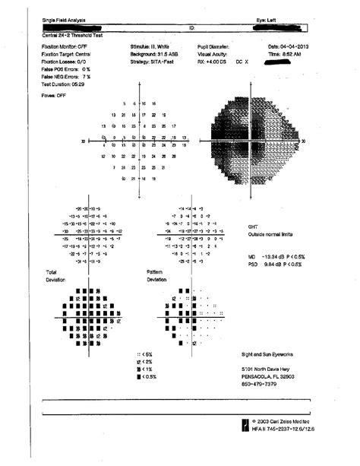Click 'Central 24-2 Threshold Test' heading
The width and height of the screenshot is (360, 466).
(72, 35)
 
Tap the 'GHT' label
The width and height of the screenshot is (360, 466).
(253, 227)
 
